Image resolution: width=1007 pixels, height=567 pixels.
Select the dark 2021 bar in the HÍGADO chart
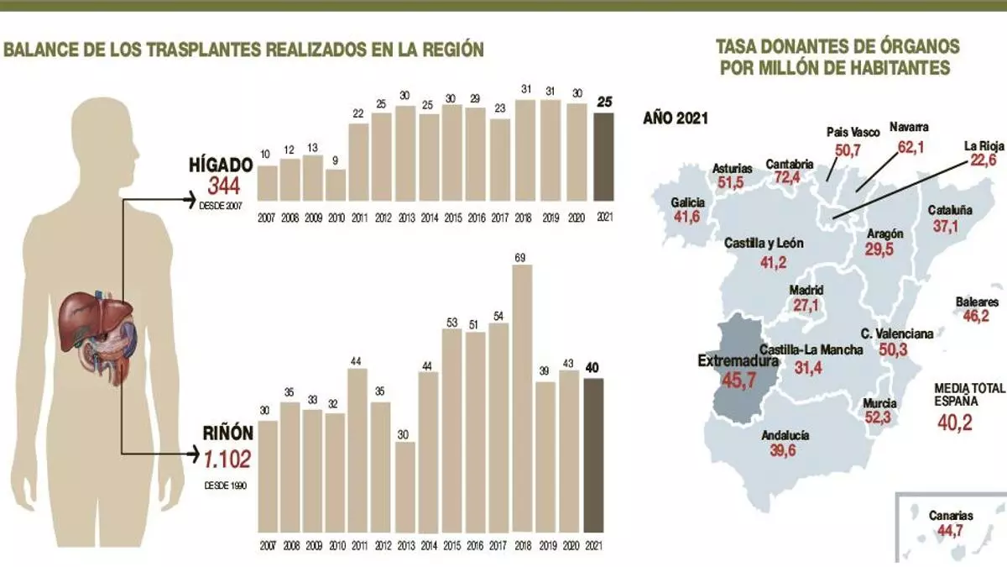click(603, 157)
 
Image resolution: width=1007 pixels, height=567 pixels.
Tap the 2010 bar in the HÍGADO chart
click(336, 186)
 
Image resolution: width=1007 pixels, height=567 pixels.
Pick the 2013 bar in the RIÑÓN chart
click(405, 486)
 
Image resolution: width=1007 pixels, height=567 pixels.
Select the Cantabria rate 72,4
click(790, 179)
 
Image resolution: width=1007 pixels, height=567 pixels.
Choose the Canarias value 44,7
click(951, 531)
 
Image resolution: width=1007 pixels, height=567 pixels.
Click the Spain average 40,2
click(955, 422)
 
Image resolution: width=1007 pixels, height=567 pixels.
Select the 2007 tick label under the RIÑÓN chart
click(267, 546)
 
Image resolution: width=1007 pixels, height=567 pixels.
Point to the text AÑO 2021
click(676, 118)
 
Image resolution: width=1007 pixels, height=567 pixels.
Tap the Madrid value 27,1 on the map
click(806, 306)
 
